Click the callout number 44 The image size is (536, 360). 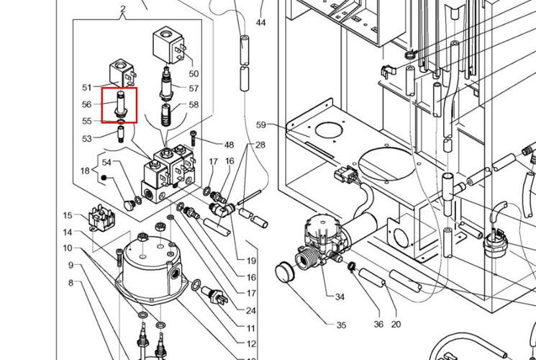(x=261, y=23)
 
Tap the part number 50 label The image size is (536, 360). (x=194, y=73)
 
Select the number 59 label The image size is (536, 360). (x=260, y=125)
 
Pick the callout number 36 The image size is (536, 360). (x=378, y=324)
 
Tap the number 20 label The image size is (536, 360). (x=396, y=324)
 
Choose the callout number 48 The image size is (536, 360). (x=229, y=145)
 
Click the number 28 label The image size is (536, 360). (x=260, y=145)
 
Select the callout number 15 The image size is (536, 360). (x=68, y=215)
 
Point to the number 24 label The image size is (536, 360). (x=251, y=311)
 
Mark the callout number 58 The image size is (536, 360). (x=194, y=105)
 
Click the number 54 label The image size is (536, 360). (x=107, y=162)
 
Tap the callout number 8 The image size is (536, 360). (x=71, y=282)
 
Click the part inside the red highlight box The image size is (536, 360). (x=119, y=105)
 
